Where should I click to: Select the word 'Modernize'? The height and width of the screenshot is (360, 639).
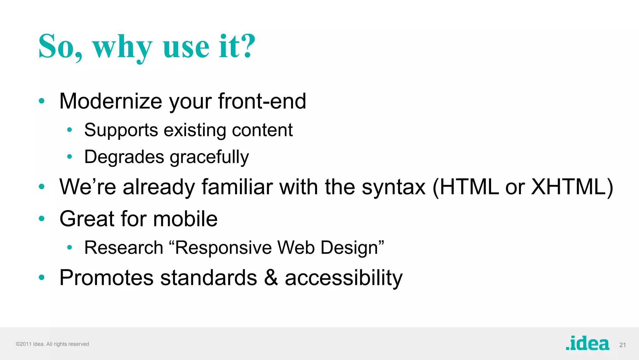tap(111, 101)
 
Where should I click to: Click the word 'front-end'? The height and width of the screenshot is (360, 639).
tap(262, 101)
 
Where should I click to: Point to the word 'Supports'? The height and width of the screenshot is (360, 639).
tap(121, 130)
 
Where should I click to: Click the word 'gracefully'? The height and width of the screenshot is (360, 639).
tap(209, 157)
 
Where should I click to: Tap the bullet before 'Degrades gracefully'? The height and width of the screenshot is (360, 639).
tap(70, 156)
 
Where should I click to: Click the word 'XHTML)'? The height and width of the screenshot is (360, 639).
tap(572, 187)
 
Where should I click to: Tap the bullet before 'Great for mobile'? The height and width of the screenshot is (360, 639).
tap(41, 218)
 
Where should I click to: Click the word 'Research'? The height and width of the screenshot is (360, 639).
tap(124, 248)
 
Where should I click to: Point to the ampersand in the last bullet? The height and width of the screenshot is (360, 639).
tap(271, 277)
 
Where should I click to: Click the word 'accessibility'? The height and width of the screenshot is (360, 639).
tap(344, 277)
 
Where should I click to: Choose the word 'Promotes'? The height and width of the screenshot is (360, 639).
tap(106, 277)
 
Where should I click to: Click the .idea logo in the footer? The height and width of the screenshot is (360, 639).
tap(587, 343)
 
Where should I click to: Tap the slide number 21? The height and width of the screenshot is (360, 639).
tap(622, 345)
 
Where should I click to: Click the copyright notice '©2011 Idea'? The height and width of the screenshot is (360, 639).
tap(30, 344)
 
